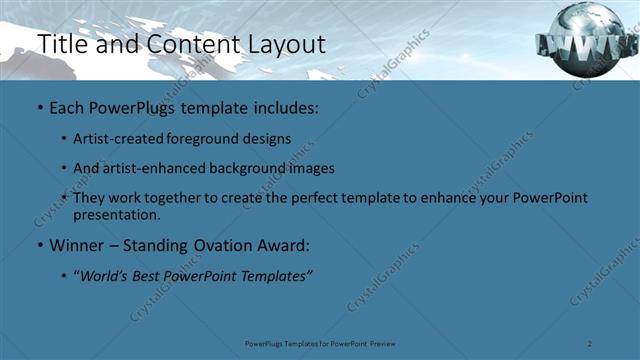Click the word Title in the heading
(59, 44)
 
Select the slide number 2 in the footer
(591, 343)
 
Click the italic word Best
(156, 275)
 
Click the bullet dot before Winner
(39, 246)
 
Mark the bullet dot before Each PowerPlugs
(39, 106)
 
